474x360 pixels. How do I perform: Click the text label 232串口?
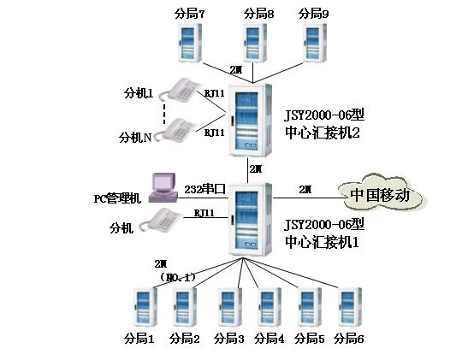coord(205,188)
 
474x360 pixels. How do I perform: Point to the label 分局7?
coord(191,13)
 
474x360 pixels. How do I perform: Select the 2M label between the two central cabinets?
coord(255,170)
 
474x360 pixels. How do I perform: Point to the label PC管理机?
coord(117,199)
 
